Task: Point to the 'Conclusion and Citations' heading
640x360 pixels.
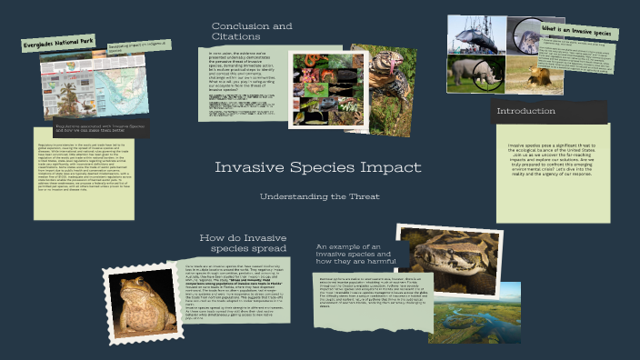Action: pos(252,32)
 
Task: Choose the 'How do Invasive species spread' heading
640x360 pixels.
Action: pos(243,243)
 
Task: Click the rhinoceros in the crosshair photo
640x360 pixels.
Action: pos(475,74)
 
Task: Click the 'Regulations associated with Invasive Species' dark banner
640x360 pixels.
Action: pos(88,130)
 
